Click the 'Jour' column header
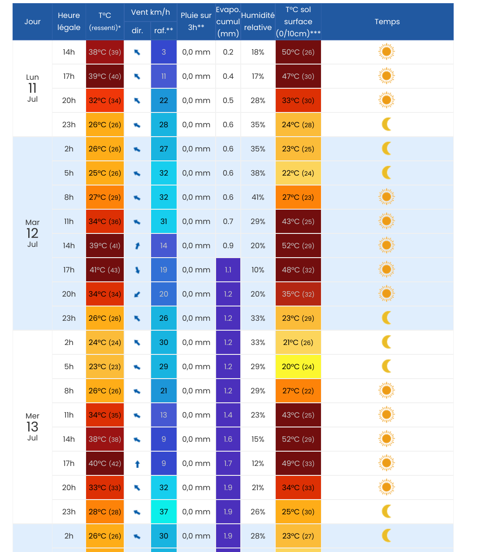click(32, 22)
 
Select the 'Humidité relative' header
click(258, 22)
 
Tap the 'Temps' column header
click(387, 22)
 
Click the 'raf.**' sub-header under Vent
click(164, 30)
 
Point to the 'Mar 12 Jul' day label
click(32, 233)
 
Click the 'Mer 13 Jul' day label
click(32, 427)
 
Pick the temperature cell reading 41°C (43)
click(104, 270)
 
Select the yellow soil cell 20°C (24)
click(298, 367)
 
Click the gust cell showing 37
click(164, 512)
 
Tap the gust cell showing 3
click(164, 52)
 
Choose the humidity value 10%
click(258, 270)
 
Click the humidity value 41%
click(258, 197)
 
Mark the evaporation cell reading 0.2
click(228, 52)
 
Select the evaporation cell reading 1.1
click(228, 270)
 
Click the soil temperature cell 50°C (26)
click(298, 52)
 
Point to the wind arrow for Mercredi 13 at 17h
click(137, 464)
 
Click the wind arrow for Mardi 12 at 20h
click(137, 294)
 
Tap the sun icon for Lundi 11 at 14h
click(386, 52)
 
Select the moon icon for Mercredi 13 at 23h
click(386, 511)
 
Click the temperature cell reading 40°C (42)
click(104, 463)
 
